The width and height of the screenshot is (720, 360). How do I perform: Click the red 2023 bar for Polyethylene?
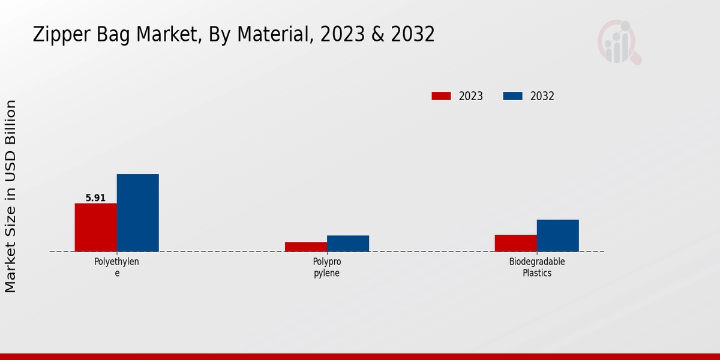[95, 227]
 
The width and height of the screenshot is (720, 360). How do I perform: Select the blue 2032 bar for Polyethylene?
[137, 212]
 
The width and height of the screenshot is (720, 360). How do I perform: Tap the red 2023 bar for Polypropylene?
[305, 247]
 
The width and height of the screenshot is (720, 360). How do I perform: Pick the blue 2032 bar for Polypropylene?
[347, 243]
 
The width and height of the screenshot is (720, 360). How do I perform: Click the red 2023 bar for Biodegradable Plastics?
[515, 243]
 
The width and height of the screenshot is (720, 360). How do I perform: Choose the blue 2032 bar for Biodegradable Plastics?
[557, 235]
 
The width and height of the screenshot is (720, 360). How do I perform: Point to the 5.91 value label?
[95, 198]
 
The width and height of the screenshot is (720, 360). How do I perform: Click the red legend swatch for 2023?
[441, 96]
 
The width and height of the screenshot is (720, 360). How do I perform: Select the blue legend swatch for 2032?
[512, 96]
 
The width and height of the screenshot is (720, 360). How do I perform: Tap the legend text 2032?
[542, 96]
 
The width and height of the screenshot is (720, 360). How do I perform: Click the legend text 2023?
[471, 96]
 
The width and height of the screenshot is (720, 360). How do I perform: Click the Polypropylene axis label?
[326, 267]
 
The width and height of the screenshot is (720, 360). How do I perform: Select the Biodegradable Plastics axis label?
[537, 267]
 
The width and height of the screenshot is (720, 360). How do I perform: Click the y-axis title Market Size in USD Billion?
[11, 196]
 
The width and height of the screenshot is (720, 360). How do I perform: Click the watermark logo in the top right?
[619, 43]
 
